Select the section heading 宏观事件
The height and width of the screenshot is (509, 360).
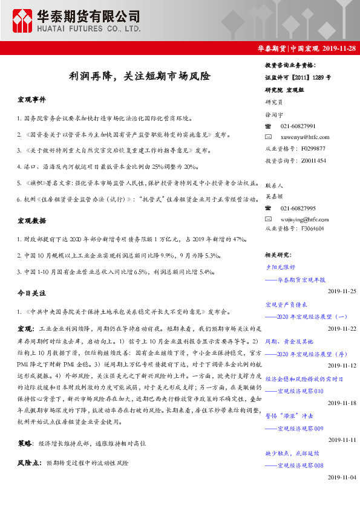click(x=31, y=99)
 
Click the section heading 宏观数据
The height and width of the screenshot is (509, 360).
click(x=31, y=221)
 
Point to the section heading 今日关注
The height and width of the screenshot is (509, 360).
click(x=31, y=292)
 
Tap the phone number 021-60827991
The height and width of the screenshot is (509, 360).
click(x=298, y=126)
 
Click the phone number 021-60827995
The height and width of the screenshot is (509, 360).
click(x=298, y=207)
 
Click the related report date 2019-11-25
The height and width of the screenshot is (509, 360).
click(x=342, y=291)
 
